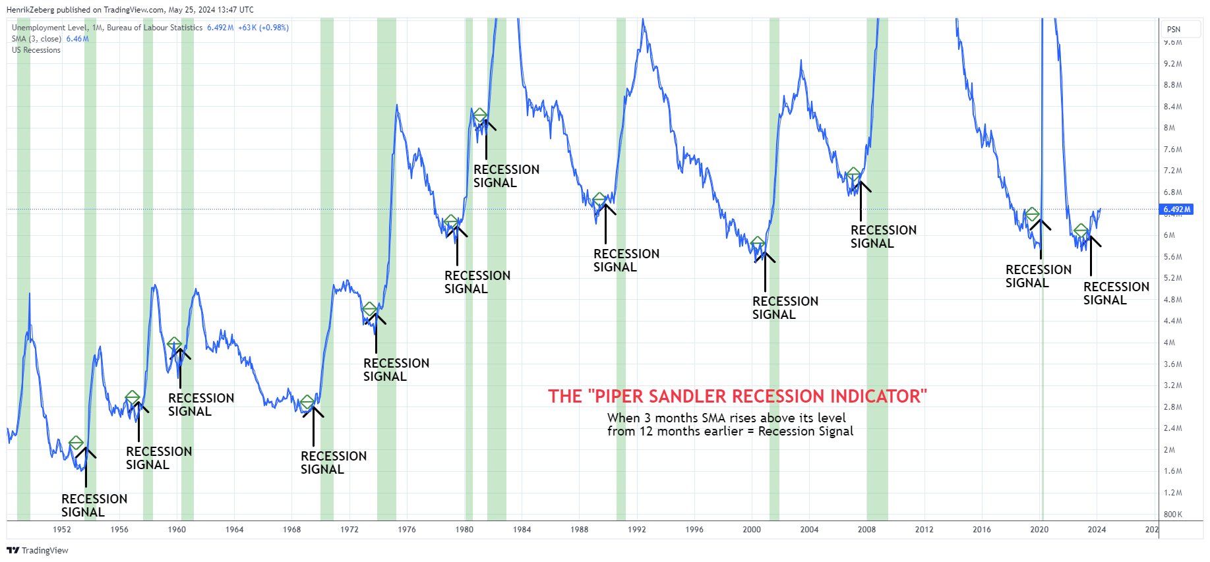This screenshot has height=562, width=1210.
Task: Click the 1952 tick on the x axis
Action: click(x=62, y=530)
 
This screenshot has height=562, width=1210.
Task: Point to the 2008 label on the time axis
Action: click(x=866, y=530)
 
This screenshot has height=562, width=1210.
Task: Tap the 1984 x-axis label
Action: click(x=522, y=530)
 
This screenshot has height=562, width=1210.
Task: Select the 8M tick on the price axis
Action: click(x=1169, y=128)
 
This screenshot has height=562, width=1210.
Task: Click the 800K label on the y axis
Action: click(x=1173, y=515)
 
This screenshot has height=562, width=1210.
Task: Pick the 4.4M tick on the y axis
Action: click(x=1172, y=321)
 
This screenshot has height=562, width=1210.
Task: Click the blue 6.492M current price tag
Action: click(x=1177, y=210)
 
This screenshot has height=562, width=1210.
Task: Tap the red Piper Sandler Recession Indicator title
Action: click(x=737, y=397)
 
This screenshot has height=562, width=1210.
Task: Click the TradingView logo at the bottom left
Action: click(x=38, y=550)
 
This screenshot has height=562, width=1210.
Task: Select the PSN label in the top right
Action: click(x=1174, y=30)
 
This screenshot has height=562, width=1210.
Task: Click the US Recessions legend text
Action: click(x=36, y=50)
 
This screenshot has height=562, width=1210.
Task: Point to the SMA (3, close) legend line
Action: click(x=37, y=39)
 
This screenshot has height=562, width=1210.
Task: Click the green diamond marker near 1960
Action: click(x=174, y=343)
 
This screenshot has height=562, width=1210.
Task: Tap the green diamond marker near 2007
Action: click(x=853, y=174)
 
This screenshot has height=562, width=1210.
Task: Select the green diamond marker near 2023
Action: click(x=1081, y=231)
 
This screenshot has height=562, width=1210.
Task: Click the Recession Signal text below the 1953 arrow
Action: click(x=94, y=505)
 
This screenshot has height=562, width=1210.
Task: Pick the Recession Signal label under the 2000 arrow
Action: click(x=785, y=308)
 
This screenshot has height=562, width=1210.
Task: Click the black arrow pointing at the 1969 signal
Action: click(x=313, y=426)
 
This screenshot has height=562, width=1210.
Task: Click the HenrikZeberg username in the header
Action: click(x=30, y=10)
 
